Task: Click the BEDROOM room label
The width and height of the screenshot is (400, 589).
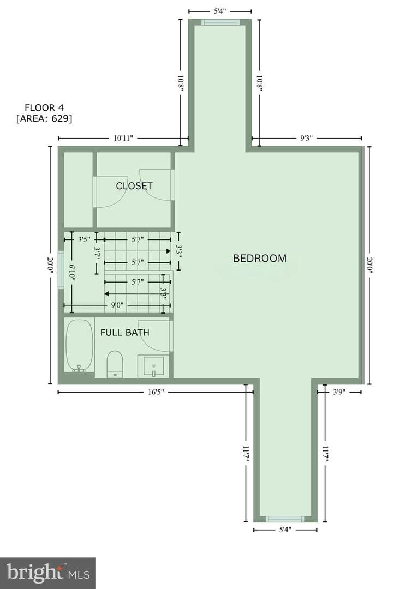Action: click(260, 259)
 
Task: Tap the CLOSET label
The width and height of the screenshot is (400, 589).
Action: click(134, 186)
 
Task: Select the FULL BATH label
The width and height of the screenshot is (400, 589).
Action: click(125, 333)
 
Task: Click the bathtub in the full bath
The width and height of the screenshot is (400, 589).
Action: click(79, 346)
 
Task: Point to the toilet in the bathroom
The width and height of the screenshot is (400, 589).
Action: click(115, 364)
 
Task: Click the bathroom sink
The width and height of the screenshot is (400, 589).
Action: click(154, 366)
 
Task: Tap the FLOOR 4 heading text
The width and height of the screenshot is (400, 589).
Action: click(44, 108)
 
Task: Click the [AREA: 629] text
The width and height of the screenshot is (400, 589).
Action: click(44, 119)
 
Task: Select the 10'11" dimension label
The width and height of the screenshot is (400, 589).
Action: click(124, 138)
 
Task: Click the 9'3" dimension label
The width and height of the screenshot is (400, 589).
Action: click(306, 138)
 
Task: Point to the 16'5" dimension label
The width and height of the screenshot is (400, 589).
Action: click(156, 393)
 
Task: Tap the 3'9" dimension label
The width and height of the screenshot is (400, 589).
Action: click(339, 393)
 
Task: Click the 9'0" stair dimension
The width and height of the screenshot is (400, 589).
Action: click(117, 305)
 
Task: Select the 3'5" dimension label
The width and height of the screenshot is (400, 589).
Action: click(84, 239)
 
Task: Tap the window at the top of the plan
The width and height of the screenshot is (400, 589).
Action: click(220, 22)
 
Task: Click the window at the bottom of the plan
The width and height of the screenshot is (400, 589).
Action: click(285, 519)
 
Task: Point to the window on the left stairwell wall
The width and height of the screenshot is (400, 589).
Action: click(61, 270)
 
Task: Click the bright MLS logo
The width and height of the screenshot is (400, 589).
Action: click(48, 573)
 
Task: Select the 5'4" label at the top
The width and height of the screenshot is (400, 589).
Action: click(220, 11)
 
